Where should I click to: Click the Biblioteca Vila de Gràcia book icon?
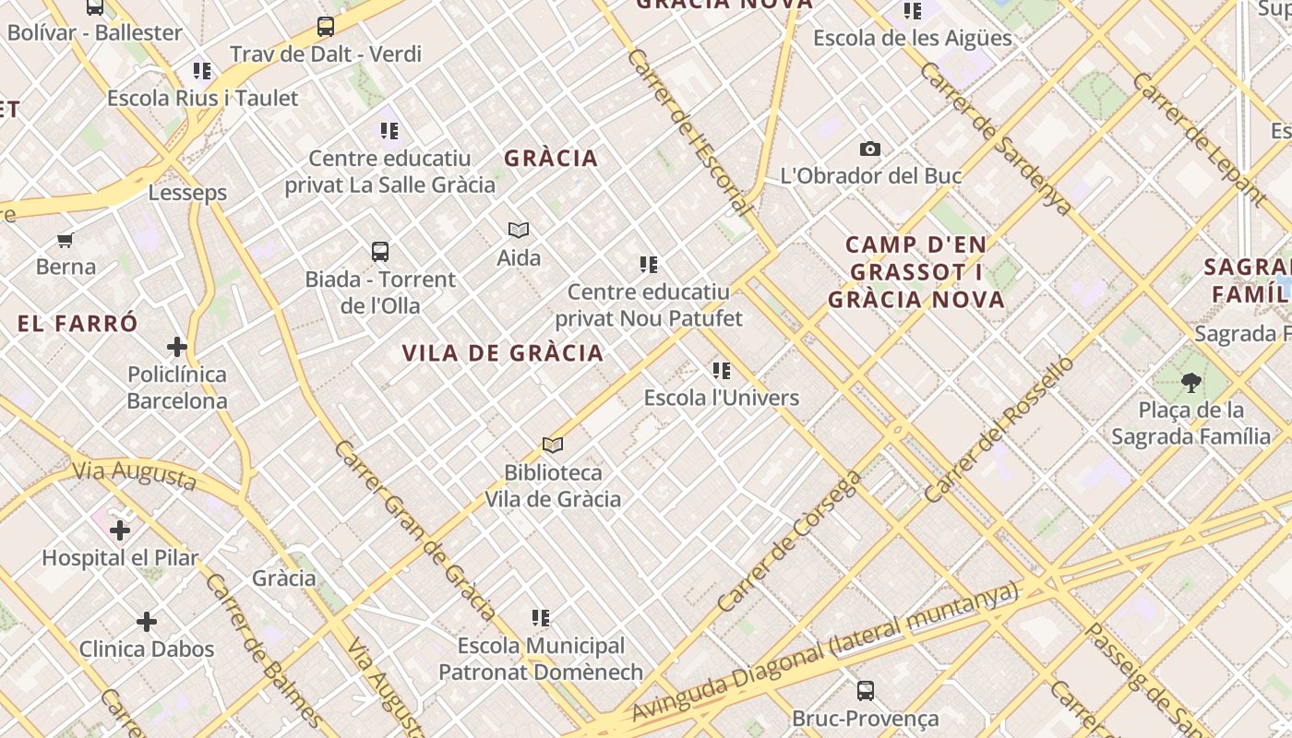point(553,446)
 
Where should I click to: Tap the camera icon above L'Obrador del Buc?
point(869,149)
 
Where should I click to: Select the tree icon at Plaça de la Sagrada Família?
point(1190,382)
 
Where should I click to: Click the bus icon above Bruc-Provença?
point(865,690)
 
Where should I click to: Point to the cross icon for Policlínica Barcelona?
point(177,347)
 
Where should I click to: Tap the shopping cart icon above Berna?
point(65,240)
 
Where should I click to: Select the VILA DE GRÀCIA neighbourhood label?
point(503,352)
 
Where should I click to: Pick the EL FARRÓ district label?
point(78,324)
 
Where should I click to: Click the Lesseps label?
point(187,193)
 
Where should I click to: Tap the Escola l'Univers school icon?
point(722,371)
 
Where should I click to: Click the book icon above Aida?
point(519,230)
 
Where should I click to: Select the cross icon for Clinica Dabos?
point(146,622)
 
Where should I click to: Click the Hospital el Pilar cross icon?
point(120,530)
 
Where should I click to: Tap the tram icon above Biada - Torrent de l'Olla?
point(379,251)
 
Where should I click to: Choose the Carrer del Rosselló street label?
point(999,429)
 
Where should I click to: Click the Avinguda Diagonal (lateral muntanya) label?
point(824,651)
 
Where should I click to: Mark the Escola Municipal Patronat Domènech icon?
point(541,618)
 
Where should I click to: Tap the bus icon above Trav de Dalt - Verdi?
point(326,27)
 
